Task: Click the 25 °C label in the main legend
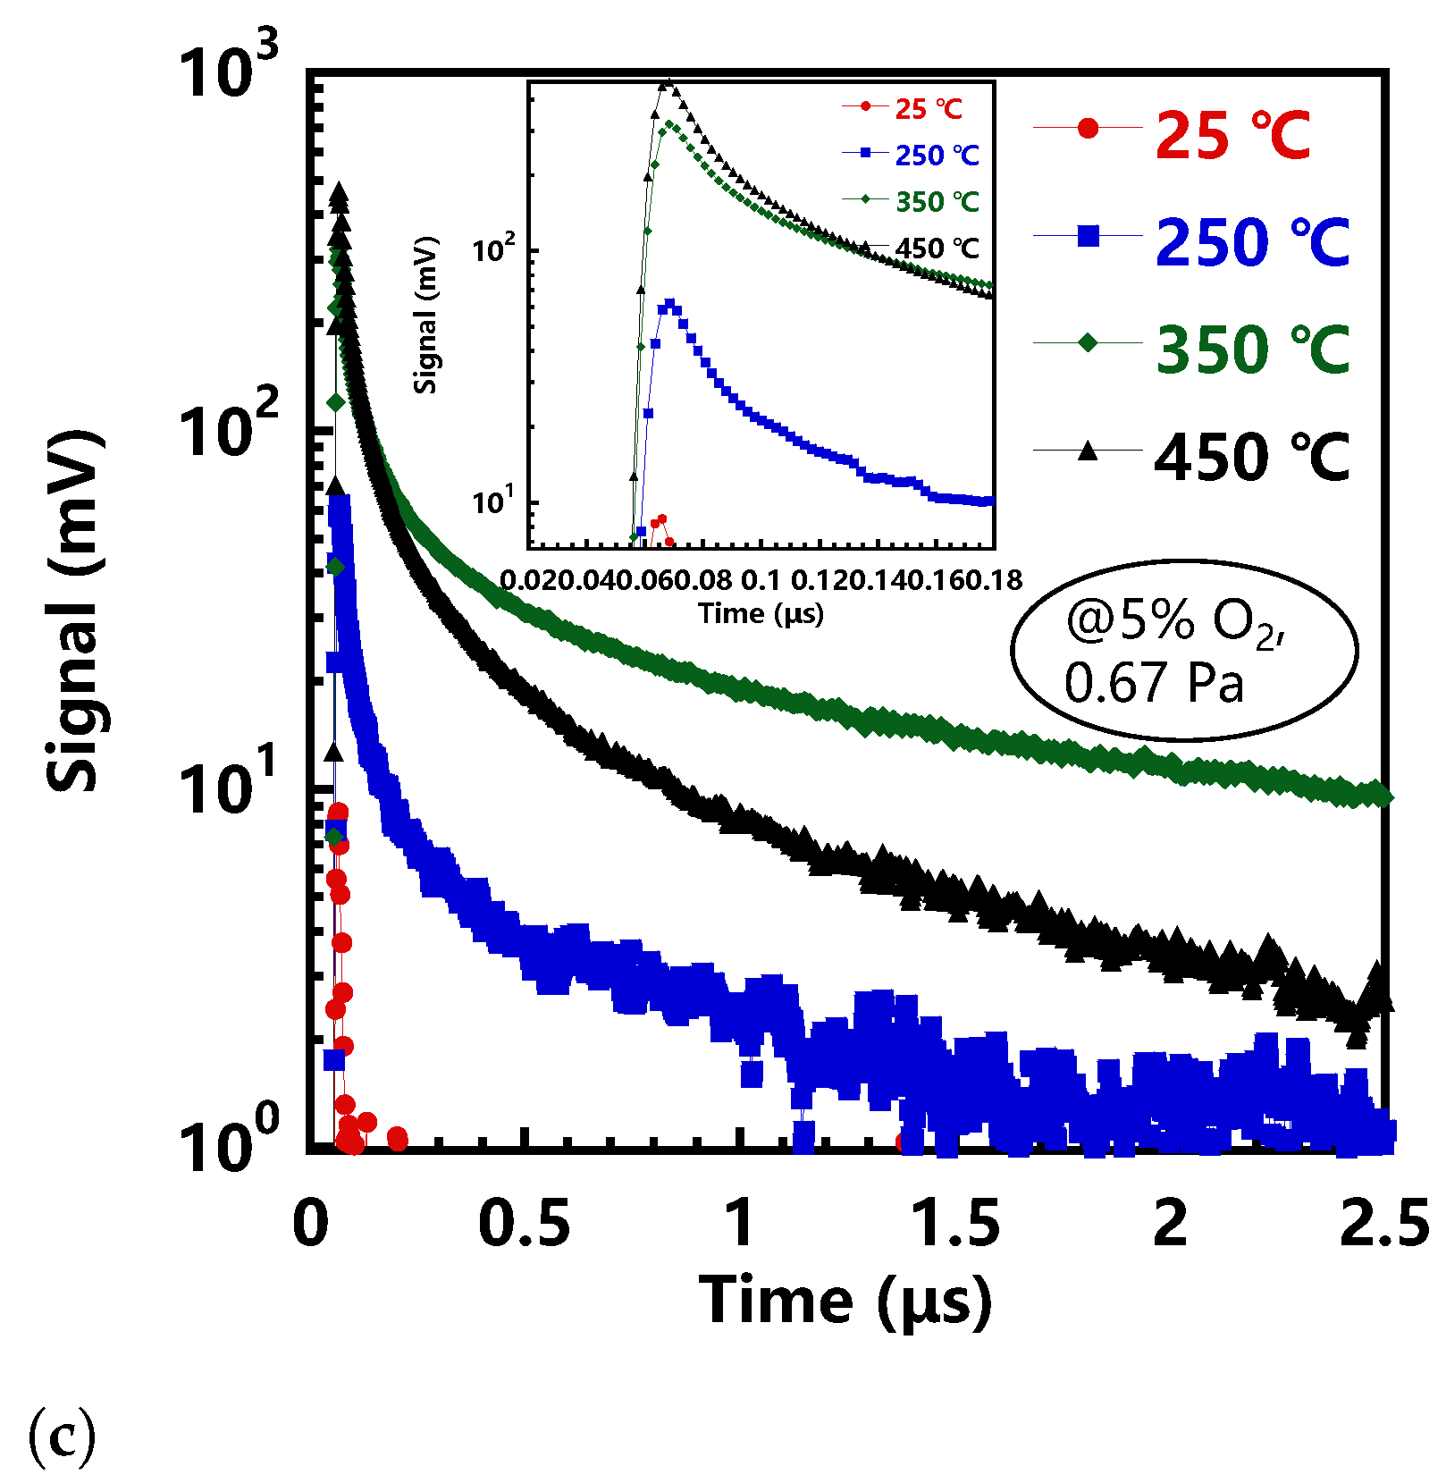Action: point(1232,136)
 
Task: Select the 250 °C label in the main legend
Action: point(1251,242)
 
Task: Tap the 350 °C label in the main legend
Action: point(1251,349)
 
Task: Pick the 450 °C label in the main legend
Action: point(1251,457)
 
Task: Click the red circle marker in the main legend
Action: point(1088,129)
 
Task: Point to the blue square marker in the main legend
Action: point(1088,236)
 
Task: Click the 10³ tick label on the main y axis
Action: point(228,72)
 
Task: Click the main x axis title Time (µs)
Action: point(845,1301)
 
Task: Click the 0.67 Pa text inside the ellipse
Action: point(1153,683)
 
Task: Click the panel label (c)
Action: point(62,1435)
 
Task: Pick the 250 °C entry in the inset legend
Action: point(937,156)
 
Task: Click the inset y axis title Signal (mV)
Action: point(426,315)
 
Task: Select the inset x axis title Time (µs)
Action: point(761,613)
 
